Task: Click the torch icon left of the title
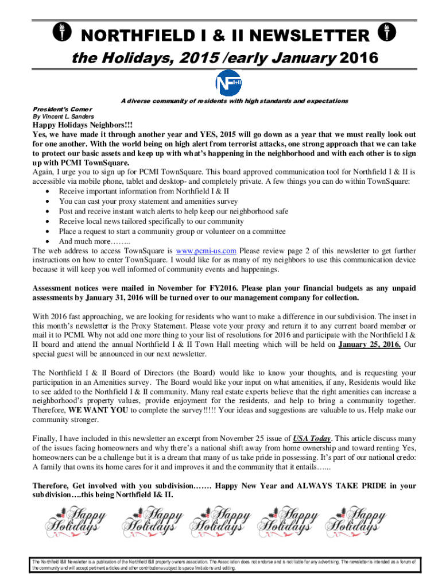59,33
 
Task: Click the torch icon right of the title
383,33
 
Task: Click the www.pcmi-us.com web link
206,251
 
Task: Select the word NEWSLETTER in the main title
310,36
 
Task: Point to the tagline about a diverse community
234,100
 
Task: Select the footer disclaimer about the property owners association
221,565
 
